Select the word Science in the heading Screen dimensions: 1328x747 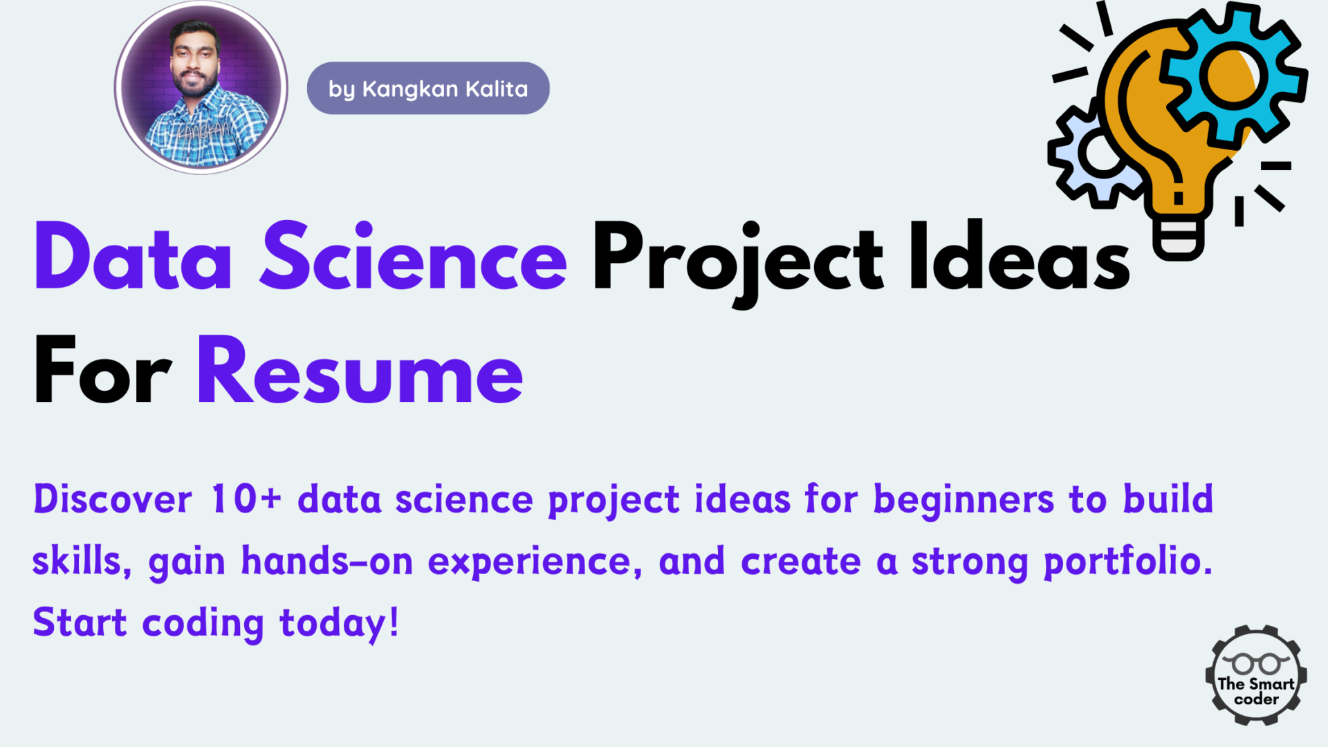click(414, 256)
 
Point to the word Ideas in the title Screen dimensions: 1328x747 click(1020, 255)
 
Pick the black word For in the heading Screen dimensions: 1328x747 click(102, 369)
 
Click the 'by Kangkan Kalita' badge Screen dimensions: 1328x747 click(428, 88)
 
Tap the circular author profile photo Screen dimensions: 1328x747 click(201, 87)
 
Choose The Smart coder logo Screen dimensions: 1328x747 click(1256, 675)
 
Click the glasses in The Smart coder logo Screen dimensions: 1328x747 click(1256, 663)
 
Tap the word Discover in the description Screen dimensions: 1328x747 click(113, 499)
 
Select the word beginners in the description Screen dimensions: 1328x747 click(963, 499)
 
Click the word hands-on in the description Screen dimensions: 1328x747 click(326, 560)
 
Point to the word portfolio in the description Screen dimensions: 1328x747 click(1128, 562)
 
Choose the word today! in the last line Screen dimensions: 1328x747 click(339, 623)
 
